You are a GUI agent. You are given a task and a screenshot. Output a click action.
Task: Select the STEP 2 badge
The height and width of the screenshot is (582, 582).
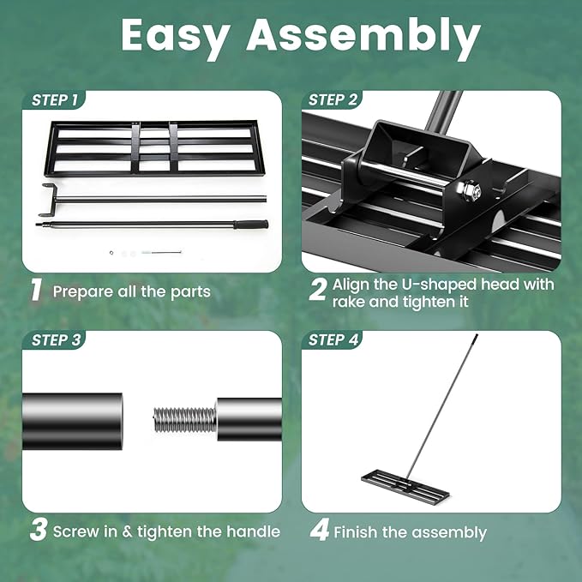[x=333, y=100]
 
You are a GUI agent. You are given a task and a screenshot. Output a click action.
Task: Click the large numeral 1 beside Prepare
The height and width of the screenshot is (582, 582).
[x=36, y=291]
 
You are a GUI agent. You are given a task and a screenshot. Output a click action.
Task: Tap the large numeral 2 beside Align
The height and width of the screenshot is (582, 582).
[x=317, y=291]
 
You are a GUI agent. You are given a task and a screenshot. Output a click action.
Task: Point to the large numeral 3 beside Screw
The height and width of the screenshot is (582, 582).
[x=38, y=531]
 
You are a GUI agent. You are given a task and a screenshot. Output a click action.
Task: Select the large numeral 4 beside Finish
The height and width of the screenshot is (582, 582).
[x=319, y=531]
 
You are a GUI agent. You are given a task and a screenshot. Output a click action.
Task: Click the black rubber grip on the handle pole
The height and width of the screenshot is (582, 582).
[x=251, y=224]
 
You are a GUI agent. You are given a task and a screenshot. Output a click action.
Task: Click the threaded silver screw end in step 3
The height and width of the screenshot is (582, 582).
[x=183, y=419]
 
